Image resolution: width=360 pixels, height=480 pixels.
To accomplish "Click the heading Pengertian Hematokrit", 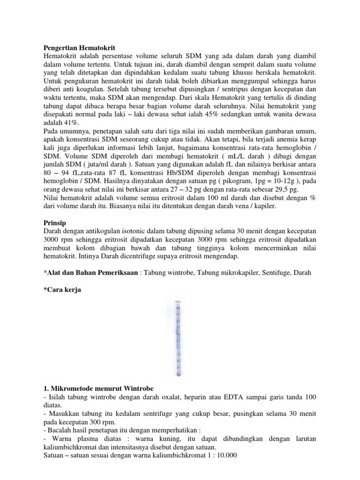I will pos(79,47).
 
